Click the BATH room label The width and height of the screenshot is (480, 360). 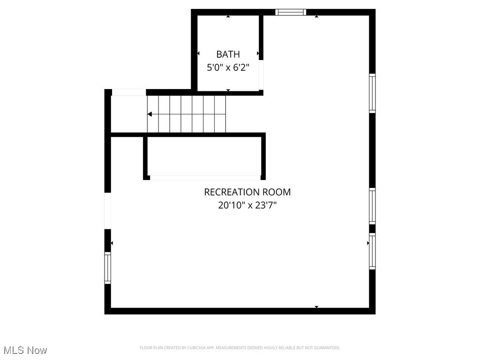pyautogui.click(x=228, y=54)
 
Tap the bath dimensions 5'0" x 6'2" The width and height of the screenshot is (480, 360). pyautogui.click(x=228, y=67)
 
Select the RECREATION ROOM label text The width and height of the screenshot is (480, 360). pyautogui.click(x=247, y=192)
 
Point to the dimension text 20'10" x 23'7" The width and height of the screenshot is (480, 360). pyautogui.click(x=247, y=205)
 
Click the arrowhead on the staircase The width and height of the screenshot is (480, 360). pyautogui.click(x=150, y=114)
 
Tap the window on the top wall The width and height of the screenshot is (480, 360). pyautogui.click(x=291, y=12)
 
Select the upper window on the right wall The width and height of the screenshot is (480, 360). pyautogui.click(x=372, y=93)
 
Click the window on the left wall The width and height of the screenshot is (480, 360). pyautogui.click(x=108, y=268)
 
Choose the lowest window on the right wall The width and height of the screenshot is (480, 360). pyautogui.click(x=372, y=251)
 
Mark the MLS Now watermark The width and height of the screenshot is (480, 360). pyautogui.click(x=25, y=350)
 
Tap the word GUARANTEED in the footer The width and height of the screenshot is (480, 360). pyautogui.click(x=328, y=348)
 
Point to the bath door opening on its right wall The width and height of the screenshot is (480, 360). pyautogui.click(x=261, y=75)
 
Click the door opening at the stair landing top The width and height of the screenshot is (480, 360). pyautogui.click(x=129, y=92)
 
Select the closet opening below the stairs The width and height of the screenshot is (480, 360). pyautogui.click(x=205, y=178)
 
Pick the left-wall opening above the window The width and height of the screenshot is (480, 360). pyautogui.click(x=108, y=211)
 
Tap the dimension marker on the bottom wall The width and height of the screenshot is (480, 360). pyautogui.click(x=316, y=307)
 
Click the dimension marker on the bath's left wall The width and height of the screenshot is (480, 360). pyautogui.click(x=199, y=54)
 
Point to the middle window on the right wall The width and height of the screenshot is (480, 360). pyautogui.click(x=372, y=206)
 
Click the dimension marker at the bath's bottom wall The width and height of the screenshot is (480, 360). pyautogui.click(x=228, y=90)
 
